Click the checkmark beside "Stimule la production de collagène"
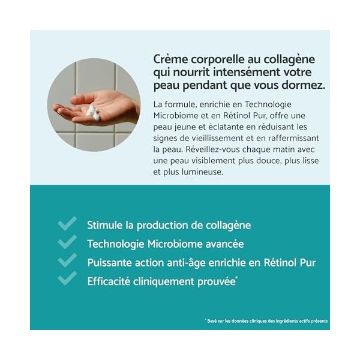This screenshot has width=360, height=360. coord(67,224)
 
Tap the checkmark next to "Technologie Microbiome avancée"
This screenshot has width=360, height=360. coord(67,242)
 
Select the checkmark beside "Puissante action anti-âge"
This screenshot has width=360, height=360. coord(67,260)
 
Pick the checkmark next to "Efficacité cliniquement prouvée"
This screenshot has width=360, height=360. coord(67,278)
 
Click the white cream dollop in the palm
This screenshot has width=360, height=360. coord(92,110)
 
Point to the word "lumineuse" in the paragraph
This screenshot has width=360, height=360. coord(202,172)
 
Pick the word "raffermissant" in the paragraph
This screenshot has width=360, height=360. coord(296,137)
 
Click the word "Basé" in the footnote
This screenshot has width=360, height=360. coord(212,321)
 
